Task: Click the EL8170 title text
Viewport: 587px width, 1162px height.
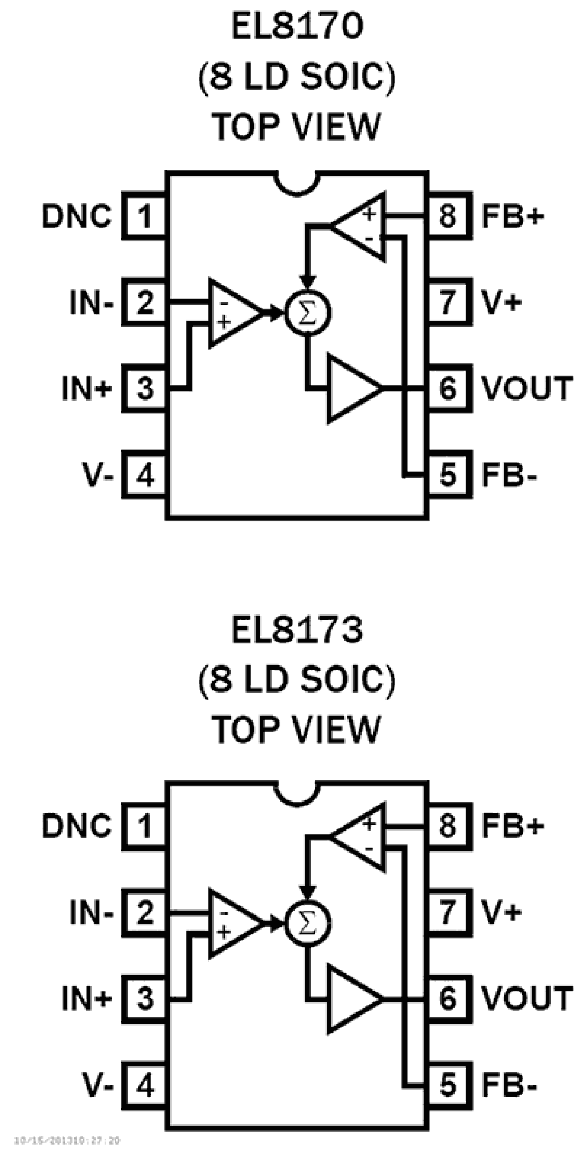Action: (x=297, y=27)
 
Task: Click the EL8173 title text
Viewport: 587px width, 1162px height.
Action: (x=297, y=630)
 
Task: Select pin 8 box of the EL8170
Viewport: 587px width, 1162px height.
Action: (x=448, y=216)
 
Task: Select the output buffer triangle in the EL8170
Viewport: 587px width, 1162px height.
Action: (x=351, y=388)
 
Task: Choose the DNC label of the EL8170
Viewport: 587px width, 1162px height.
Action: (x=77, y=216)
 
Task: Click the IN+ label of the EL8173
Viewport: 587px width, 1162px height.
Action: (x=87, y=999)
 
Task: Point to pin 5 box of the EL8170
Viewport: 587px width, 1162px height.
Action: (x=448, y=475)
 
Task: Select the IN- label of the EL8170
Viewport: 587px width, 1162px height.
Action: (x=92, y=302)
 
